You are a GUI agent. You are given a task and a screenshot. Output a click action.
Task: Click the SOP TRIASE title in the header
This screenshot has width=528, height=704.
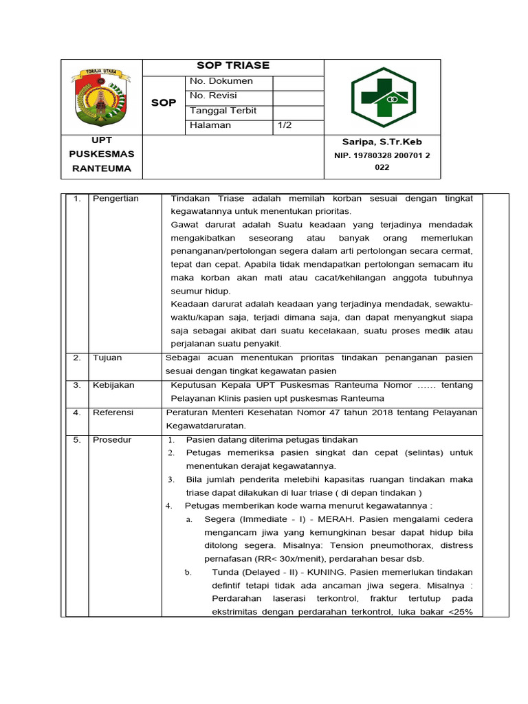coord(233,65)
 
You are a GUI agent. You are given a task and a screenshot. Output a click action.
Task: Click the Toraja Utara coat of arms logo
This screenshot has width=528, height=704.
coord(102,97)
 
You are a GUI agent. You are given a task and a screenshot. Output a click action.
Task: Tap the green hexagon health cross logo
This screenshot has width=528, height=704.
coord(383,97)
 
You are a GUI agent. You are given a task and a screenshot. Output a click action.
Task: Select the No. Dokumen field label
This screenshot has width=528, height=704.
coord(221,81)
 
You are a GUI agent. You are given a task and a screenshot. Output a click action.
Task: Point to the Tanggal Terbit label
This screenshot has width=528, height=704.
coord(223,111)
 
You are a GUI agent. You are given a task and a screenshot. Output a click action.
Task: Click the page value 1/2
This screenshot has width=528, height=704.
coord(285,125)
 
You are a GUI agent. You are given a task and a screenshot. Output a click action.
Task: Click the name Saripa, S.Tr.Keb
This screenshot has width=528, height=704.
coord(382,142)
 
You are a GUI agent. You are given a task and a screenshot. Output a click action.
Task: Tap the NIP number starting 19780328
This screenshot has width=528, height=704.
coord(382,155)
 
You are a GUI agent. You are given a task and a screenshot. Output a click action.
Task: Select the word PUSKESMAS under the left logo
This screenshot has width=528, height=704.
coord(102,154)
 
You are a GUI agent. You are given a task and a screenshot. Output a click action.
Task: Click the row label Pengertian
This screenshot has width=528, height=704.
coord(115,199)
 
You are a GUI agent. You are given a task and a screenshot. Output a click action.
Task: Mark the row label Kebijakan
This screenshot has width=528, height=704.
coord(113,385)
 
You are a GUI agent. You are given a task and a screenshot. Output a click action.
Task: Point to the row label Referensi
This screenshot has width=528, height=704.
coord(113,412)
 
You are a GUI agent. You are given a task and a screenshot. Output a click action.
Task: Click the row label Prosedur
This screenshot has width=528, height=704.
coord(112,440)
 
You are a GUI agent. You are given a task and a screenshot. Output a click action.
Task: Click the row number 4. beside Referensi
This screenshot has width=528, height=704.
coord(77,412)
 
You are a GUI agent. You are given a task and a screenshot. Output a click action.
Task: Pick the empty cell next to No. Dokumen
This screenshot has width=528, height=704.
coord(298,81)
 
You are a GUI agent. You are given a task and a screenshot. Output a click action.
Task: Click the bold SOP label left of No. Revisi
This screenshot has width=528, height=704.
coord(163,102)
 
